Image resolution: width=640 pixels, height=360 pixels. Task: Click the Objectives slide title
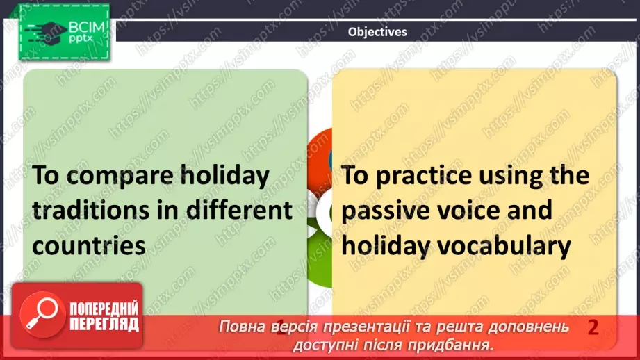coord(377,31)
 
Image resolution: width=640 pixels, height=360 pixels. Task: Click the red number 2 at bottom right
coord(593,327)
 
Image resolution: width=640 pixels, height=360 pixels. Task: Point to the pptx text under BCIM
coord(81,40)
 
